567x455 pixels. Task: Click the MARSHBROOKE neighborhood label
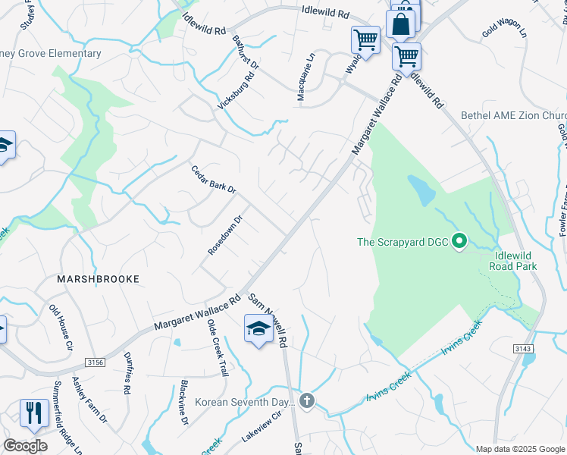pyautogui.click(x=99, y=279)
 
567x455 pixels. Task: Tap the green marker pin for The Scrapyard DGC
pyautogui.click(x=459, y=243)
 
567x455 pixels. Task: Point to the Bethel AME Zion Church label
pyautogui.click(x=513, y=116)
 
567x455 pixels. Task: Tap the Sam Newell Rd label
pyautogui.click(x=268, y=320)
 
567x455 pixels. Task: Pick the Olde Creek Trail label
pyautogui.click(x=217, y=348)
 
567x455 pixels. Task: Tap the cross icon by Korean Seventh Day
pyautogui.click(x=307, y=400)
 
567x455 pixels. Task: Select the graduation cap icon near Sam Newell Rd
pyautogui.click(x=258, y=329)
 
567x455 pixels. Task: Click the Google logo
pyautogui.click(x=25, y=446)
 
